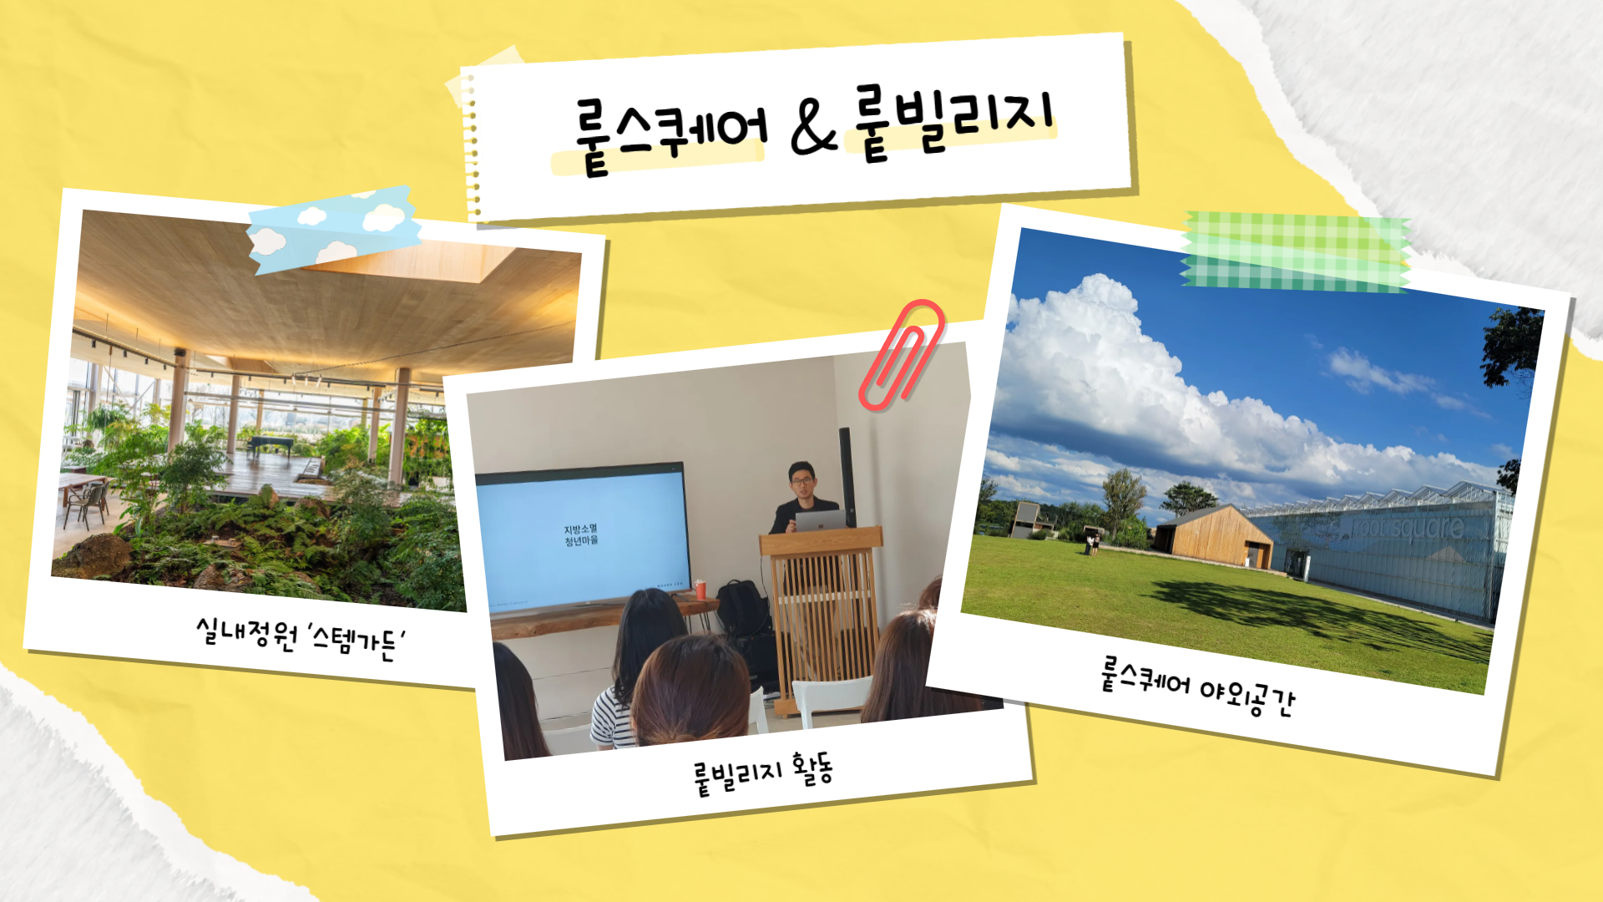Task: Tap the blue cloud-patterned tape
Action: tap(334, 227)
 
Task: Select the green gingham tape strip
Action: tap(1296, 251)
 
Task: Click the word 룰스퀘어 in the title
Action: tap(670, 134)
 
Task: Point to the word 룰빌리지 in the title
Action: tap(952, 121)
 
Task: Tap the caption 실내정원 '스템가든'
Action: tap(301, 639)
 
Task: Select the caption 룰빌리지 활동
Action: tap(763, 774)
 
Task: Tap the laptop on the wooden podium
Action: tap(820, 520)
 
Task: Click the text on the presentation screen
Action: tap(580, 535)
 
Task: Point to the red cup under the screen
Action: tap(700, 590)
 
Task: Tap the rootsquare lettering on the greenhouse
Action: tap(1408, 528)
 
